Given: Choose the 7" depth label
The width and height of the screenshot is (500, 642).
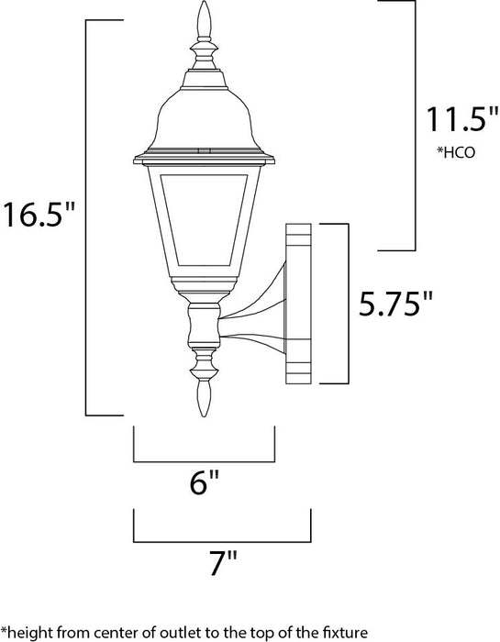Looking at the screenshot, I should (222, 560).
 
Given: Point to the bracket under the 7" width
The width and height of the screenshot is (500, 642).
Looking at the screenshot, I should (222, 538).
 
